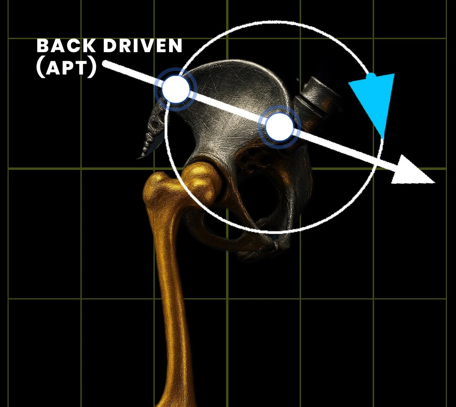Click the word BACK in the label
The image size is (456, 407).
pos(66,46)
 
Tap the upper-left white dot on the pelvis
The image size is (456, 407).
pos(176,89)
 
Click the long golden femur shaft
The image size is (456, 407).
pos(174,302)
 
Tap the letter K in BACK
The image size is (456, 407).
pos(88,46)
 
